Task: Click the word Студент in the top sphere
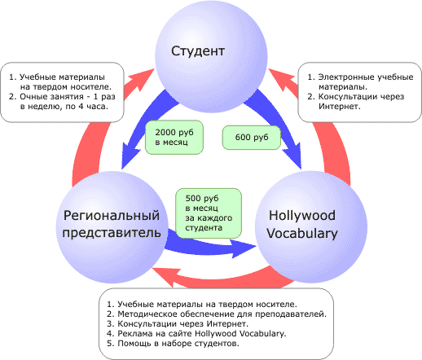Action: point(198,51)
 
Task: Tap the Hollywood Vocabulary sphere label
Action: point(302,224)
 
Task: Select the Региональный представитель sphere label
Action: point(112,224)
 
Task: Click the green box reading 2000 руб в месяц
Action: point(174,138)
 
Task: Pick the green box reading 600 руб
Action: point(252,138)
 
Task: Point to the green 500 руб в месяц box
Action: point(209,213)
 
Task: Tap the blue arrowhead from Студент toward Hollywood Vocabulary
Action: point(293,156)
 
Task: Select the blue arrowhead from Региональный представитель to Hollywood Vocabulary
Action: point(243,248)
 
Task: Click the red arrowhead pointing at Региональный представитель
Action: point(165,276)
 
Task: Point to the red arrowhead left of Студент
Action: point(141,79)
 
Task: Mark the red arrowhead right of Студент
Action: point(282,79)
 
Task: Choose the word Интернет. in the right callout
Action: point(340,107)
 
